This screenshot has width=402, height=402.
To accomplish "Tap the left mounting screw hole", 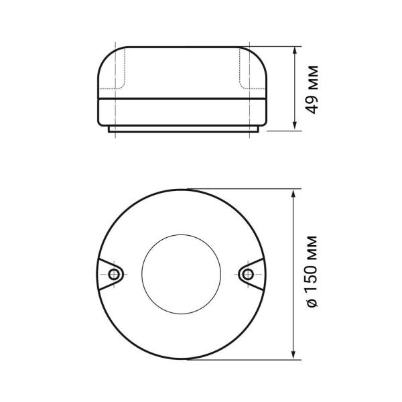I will coord(113,274).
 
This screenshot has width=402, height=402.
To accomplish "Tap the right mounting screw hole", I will coord(248,273).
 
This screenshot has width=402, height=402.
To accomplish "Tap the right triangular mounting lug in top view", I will coord(253,273).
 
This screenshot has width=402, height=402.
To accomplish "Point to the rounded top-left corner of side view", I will coord(105,56).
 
